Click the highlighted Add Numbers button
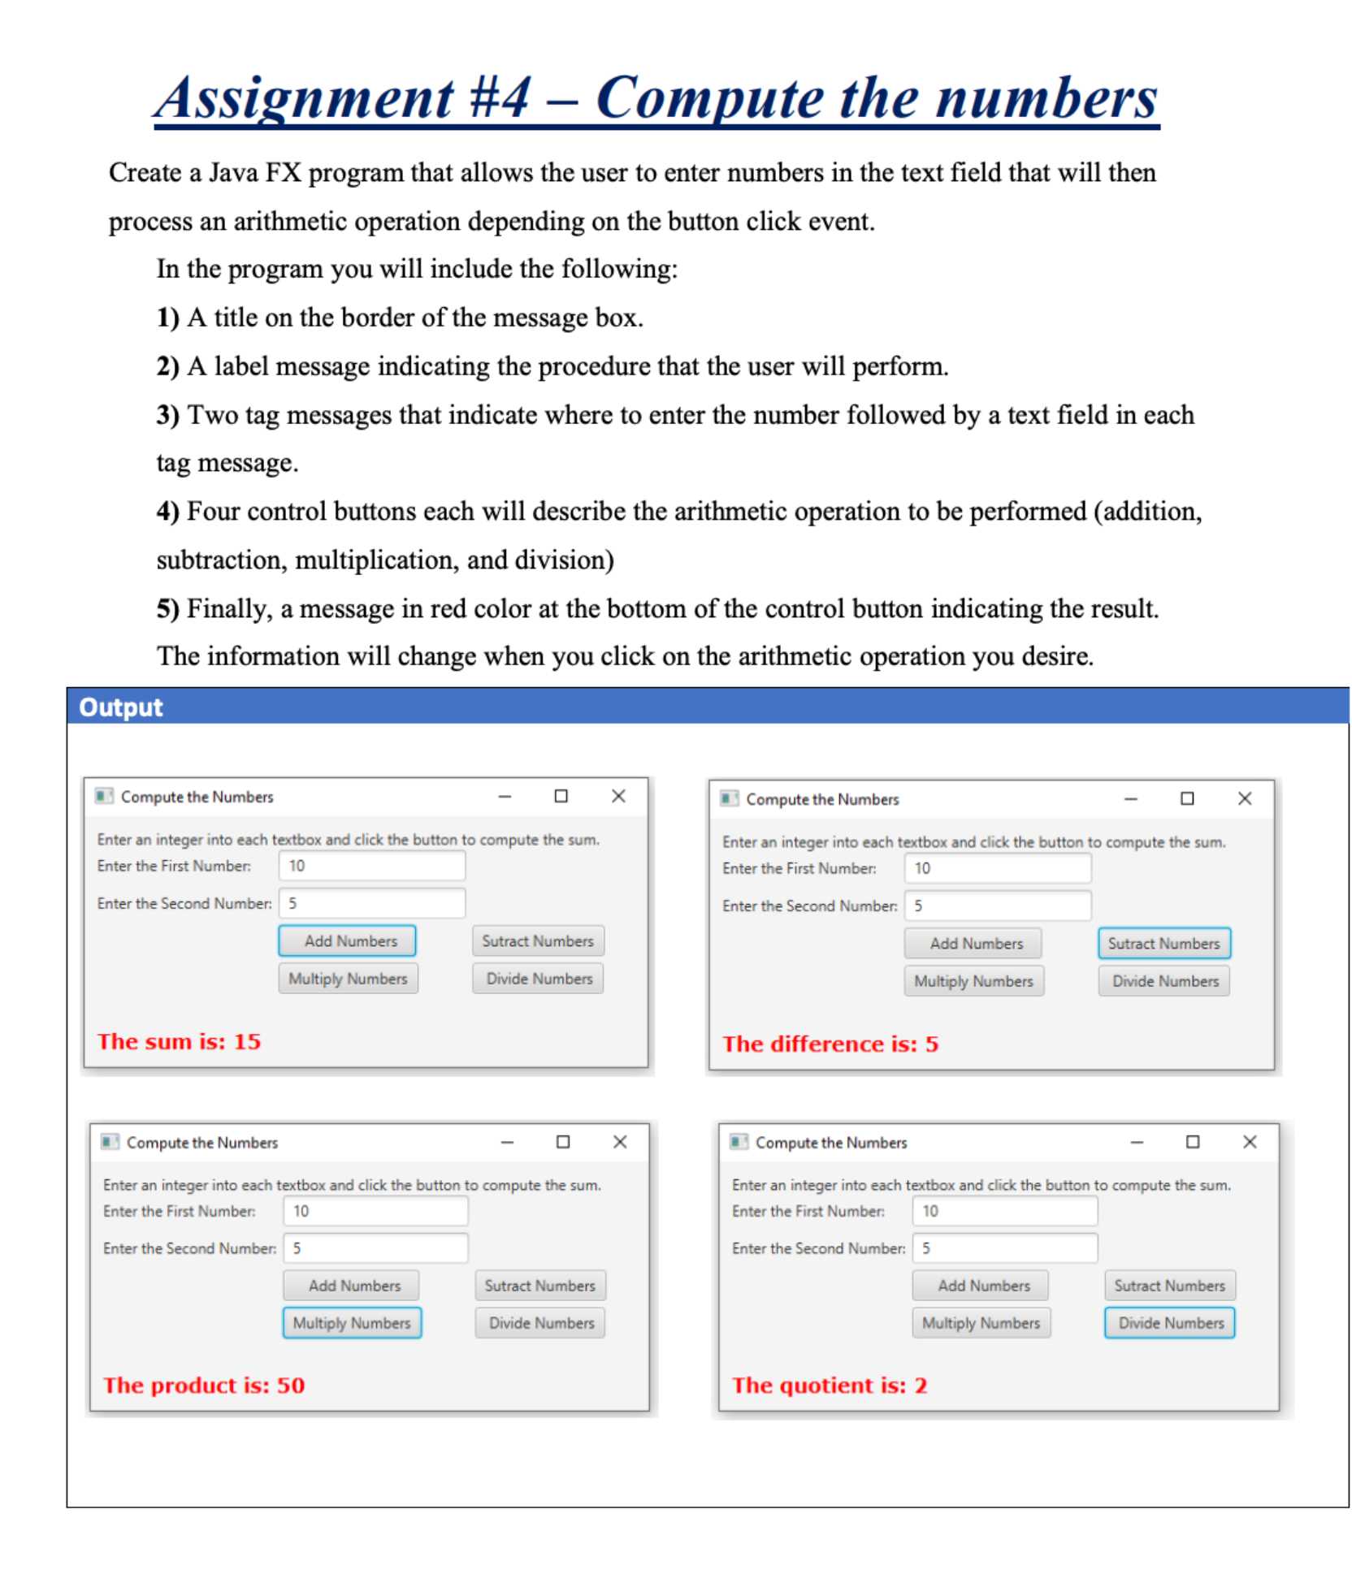point(347,940)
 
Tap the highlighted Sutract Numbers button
point(1163,943)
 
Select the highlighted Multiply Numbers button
point(352,1322)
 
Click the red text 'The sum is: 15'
point(179,1041)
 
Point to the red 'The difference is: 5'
point(830,1044)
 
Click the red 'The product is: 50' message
point(203,1385)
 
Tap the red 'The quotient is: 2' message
point(829,1385)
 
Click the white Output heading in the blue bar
point(120,707)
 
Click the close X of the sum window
point(618,796)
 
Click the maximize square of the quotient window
point(1192,1142)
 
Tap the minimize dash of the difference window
point(1130,799)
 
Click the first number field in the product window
point(375,1211)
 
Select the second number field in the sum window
point(372,903)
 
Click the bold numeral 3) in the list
point(167,415)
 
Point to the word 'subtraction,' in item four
point(221,560)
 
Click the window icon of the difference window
point(729,798)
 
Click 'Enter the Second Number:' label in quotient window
point(817,1248)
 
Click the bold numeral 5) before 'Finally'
point(167,608)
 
